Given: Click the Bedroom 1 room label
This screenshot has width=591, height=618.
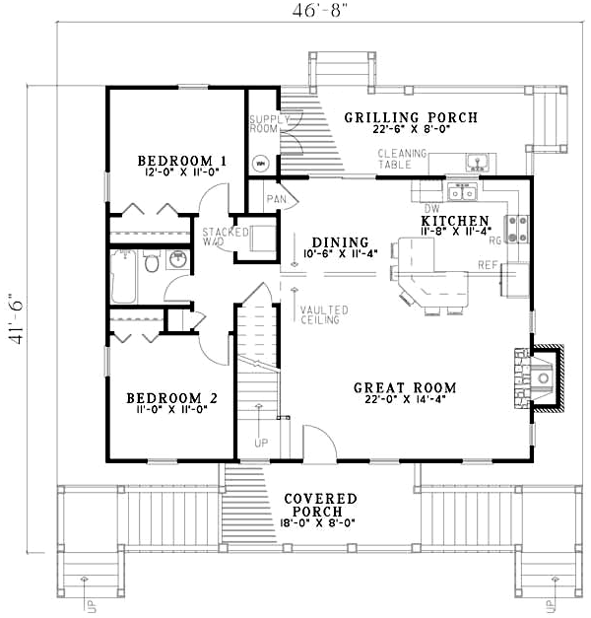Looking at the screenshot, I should pyautogui.click(x=182, y=160).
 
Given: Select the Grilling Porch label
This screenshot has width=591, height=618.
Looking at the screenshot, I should pyautogui.click(x=411, y=118).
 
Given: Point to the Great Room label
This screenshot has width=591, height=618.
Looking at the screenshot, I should pyautogui.click(x=402, y=387).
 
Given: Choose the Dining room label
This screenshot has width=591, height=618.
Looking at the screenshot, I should pyautogui.click(x=340, y=242).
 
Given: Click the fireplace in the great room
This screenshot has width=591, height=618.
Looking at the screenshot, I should pyautogui.click(x=543, y=377).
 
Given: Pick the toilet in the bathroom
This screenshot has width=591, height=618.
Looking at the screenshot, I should pyautogui.click(x=152, y=262).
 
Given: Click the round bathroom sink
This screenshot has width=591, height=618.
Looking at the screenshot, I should pyautogui.click(x=179, y=260).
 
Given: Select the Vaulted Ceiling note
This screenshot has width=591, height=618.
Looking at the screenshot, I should pyautogui.click(x=320, y=313).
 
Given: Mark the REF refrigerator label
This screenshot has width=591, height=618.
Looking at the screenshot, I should pyautogui.click(x=487, y=264).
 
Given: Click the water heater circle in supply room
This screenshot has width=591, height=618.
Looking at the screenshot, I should pyautogui.click(x=261, y=163).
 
